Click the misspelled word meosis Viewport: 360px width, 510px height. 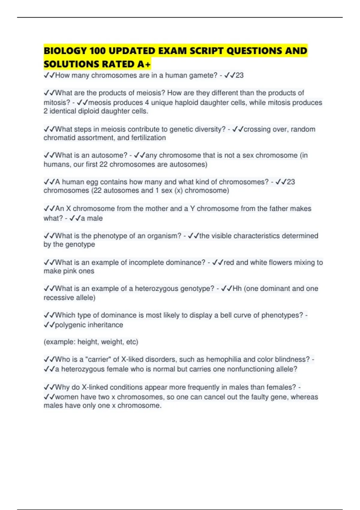(x=101, y=103)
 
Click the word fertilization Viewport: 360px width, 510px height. (x=148, y=138)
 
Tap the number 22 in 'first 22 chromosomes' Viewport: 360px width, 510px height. (x=103, y=164)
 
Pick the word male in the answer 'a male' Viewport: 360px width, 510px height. (x=95, y=218)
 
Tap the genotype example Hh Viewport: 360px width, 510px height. (x=237, y=289)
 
